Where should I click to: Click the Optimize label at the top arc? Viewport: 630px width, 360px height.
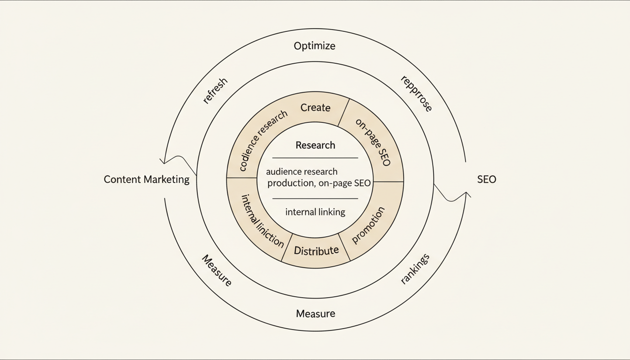pos(315,46)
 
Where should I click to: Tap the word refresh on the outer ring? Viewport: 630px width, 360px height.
pos(215,90)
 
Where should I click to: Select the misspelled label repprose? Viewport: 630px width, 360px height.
pos(416,94)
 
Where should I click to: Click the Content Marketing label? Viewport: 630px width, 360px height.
pos(146,180)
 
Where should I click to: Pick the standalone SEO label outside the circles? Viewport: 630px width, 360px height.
pos(486,180)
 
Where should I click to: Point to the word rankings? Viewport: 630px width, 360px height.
pos(415,270)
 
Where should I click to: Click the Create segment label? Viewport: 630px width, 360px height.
pos(315,108)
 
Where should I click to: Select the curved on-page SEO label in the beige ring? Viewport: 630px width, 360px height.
pos(373,142)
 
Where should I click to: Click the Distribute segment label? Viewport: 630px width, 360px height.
pos(316,251)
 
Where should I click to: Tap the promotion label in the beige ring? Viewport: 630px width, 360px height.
pos(368,225)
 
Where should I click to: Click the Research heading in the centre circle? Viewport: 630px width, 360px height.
pos(315,145)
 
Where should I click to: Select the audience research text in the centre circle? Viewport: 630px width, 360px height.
pos(301,172)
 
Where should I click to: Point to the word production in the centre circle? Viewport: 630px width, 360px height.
pos(290,183)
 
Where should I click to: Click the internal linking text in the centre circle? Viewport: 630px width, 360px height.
pos(315,212)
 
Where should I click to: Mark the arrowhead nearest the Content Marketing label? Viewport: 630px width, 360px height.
pos(163,161)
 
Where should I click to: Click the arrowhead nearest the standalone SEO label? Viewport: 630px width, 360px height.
pos(466,194)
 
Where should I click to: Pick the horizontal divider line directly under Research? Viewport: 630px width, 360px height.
pos(315,158)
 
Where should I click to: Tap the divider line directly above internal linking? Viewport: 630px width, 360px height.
pos(315,198)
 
